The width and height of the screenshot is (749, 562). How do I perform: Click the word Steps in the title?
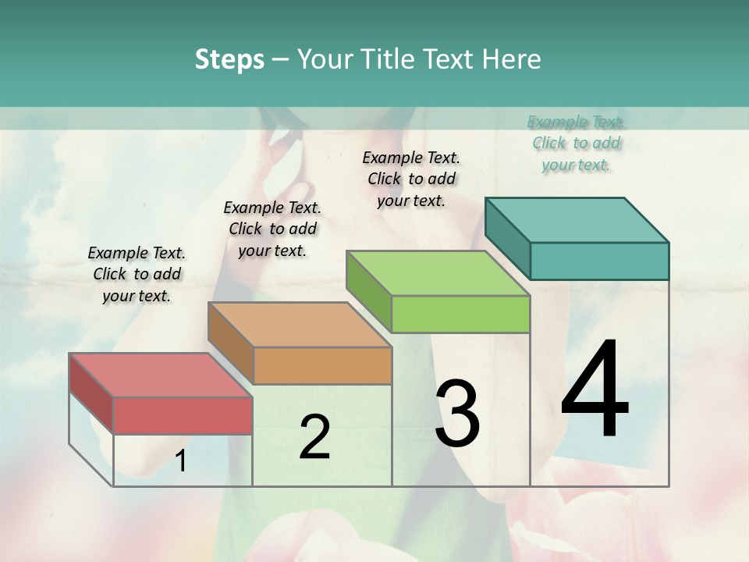coord(229,59)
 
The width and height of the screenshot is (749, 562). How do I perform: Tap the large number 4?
coord(595,390)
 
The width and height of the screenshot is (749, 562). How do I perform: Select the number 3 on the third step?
coord(457,414)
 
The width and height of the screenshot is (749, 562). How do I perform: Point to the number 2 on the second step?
coord(314,437)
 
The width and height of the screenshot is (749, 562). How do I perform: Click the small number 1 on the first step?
coord(181,461)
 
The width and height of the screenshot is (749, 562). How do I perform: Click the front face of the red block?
coord(183,415)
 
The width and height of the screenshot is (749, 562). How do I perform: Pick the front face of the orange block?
coord(322,365)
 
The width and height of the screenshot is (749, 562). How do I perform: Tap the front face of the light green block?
coord(460,314)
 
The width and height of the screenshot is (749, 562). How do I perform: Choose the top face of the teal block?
coord(577,219)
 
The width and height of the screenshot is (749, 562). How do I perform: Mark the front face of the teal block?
coord(599,261)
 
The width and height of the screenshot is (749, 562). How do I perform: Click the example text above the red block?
coord(137,274)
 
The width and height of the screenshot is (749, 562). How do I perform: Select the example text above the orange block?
coord(272,229)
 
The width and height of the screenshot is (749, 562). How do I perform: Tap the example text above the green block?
coord(411,179)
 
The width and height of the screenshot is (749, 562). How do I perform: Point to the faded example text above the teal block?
coord(577,143)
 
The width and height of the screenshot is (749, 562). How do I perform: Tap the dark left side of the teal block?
coord(507,238)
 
